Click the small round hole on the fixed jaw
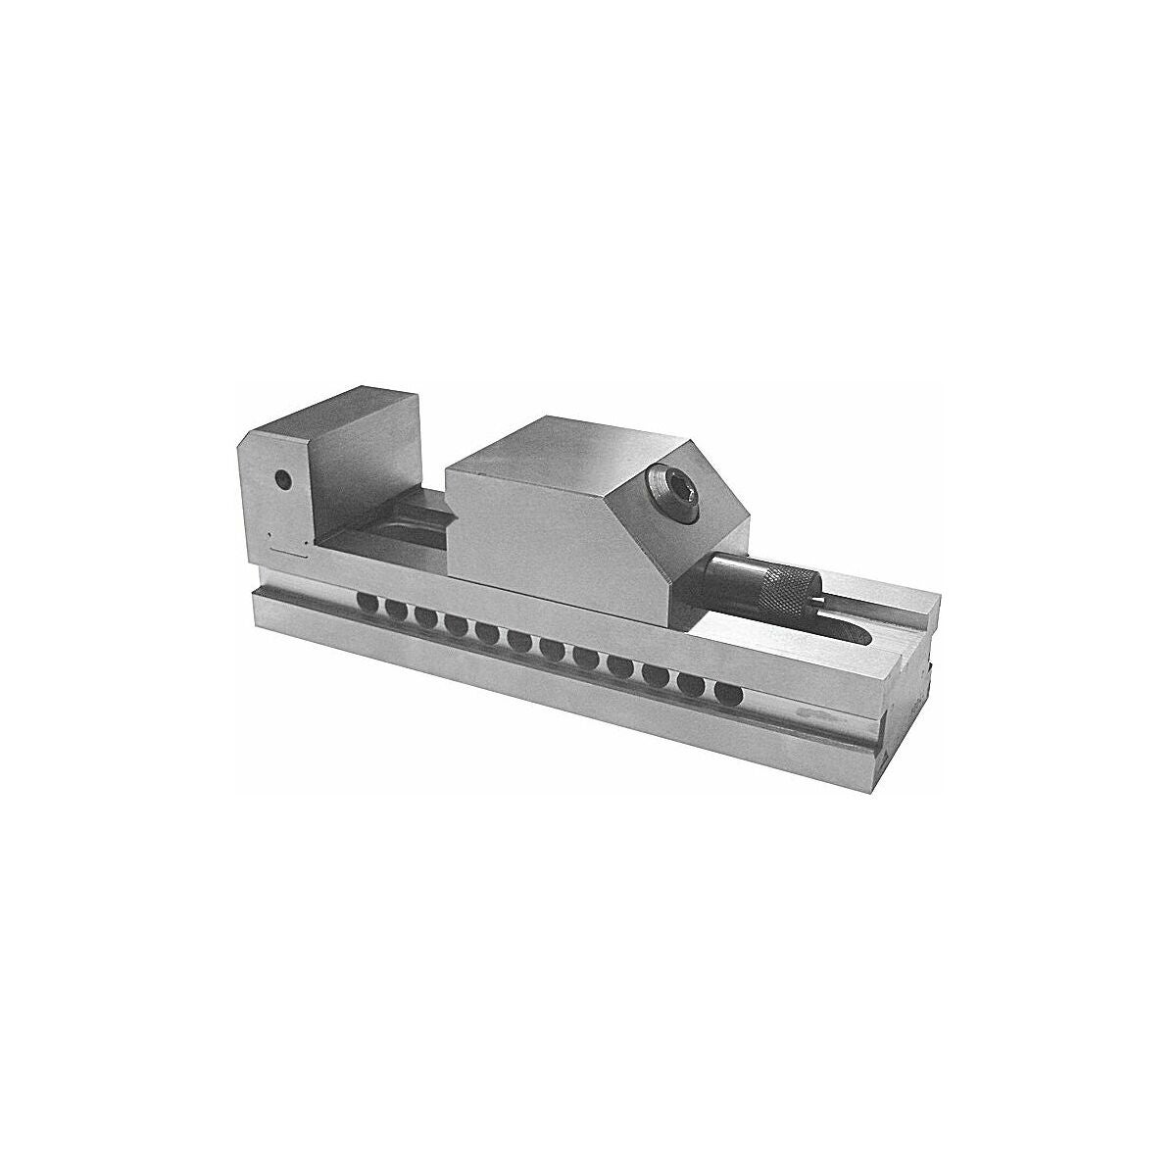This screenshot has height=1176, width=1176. tap(283, 480)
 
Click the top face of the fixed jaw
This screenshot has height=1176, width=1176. tap(363, 417)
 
